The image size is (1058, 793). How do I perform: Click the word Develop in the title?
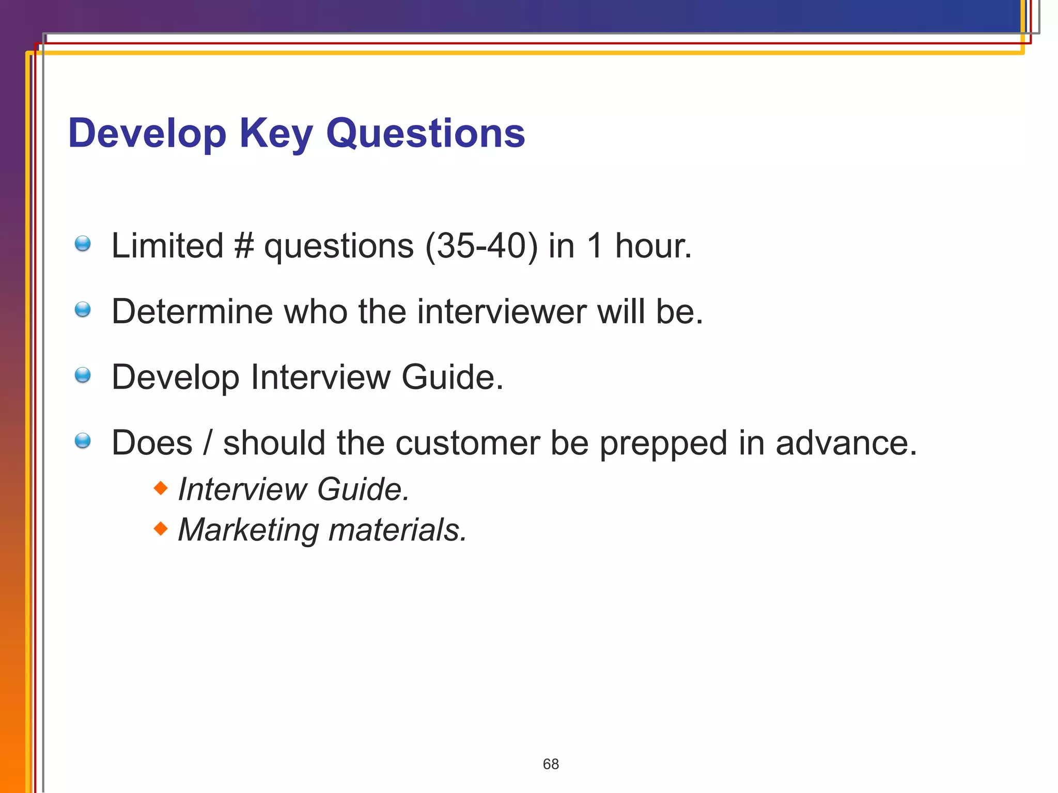(x=147, y=133)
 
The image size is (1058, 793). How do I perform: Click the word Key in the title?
(x=276, y=133)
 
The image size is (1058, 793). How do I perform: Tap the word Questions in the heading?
(x=425, y=133)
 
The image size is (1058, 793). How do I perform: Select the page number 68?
(x=551, y=764)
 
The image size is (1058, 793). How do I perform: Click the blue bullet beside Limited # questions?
(x=83, y=244)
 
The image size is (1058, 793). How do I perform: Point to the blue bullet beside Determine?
(x=83, y=310)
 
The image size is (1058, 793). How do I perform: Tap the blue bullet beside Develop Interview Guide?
(x=83, y=375)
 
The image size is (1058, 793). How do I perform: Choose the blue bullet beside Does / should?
(x=83, y=441)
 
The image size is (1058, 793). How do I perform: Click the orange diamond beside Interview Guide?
(x=161, y=487)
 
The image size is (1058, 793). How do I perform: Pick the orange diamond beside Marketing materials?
(x=161, y=528)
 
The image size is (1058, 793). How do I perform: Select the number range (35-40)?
(x=481, y=246)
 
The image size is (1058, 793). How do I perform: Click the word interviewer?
(x=502, y=311)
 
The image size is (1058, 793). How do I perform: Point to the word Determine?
(x=192, y=311)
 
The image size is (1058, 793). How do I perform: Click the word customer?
(x=468, y=443)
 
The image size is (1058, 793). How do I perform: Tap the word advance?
(x=846, y=443)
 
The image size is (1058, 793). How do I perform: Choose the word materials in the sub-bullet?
(x=397, y=530)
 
